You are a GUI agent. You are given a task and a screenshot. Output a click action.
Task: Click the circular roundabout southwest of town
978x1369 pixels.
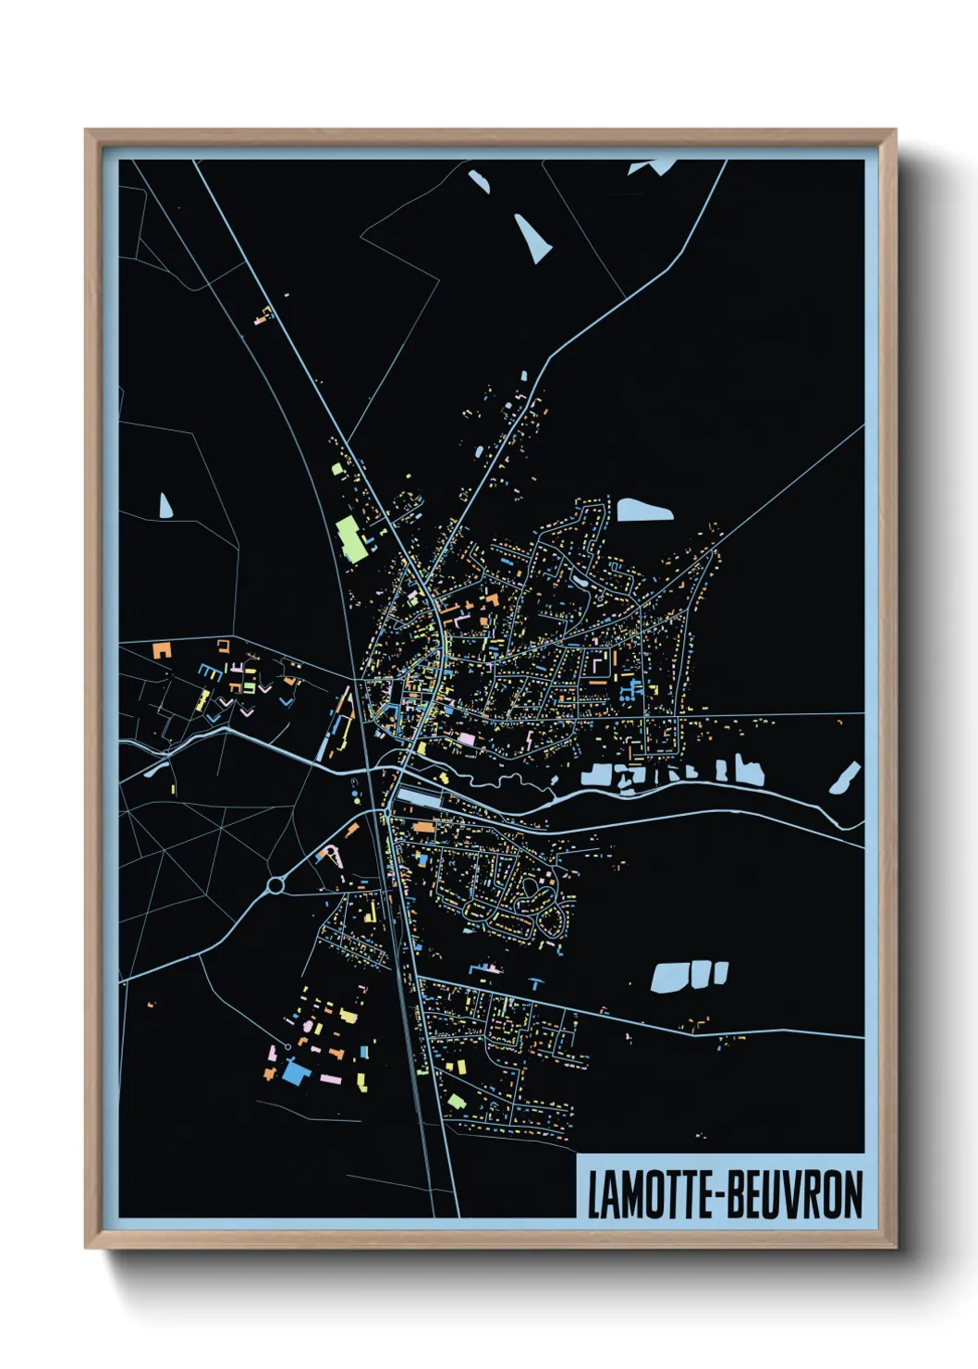pyautogui.click(x=275, y=885)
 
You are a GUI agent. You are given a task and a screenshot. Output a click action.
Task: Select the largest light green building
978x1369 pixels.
pyautogui.click(x=349, y=538)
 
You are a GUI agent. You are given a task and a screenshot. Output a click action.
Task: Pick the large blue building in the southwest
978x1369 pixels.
pyautogui.click(x=295, y=1072)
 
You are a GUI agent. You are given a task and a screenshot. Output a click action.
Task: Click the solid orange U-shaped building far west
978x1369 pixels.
pyautogui.click(x=163, y=648)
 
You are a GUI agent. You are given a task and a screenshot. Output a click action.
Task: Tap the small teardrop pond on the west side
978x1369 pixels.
pyautogui.click(x=165, y=505)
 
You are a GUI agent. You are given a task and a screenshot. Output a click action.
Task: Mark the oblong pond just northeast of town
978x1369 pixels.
pyautogui.click(x=644, y=510)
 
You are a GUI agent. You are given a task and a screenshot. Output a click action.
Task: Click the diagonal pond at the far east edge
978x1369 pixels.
pyautogui.click(x=845, y=778)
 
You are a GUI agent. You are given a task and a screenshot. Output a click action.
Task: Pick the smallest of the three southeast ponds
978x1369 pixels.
pyautogui.click(x=721, y=971)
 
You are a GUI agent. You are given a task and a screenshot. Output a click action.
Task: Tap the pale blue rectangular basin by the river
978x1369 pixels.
pyautogui.click(x=420, y=796)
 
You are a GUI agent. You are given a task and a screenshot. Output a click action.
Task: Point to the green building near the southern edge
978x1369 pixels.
pyautogui.click(x=456, y=1101)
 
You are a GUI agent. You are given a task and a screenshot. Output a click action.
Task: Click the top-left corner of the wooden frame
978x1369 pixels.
pyautogui.click(x=87, y=131)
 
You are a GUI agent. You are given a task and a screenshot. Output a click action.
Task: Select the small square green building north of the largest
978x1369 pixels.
pyautogui.click(x=337, y=469)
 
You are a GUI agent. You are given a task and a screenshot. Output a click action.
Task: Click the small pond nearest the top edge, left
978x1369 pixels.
pyautogui.click(x=478, y=180)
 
